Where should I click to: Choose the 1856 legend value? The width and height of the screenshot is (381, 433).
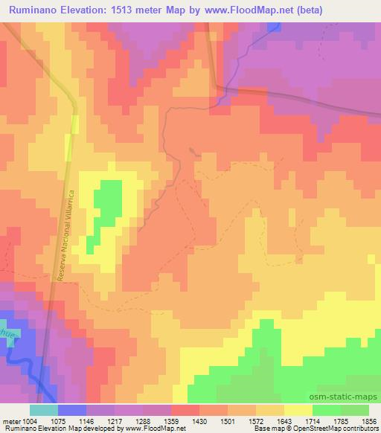(368, 420)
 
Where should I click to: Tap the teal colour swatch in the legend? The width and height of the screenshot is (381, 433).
(43, 410)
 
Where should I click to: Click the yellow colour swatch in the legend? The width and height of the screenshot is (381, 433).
(298, 410)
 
